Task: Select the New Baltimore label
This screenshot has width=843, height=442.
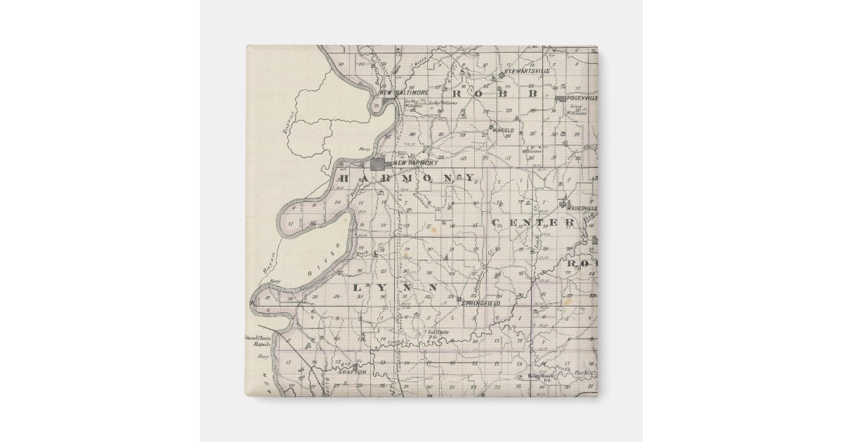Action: (x=403, y=93)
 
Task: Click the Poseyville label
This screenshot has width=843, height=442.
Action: (x=582, y=98)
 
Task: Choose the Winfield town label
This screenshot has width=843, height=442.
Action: (x=504, y=130)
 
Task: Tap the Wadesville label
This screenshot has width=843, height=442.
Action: (x=581, y=208)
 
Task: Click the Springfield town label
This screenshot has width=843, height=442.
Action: (x=480, y=303)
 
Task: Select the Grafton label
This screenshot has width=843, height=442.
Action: (x=353, y=373)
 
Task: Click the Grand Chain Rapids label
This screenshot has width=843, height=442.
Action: (x=257, y=341)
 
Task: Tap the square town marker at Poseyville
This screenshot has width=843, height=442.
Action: (x=560, y=99)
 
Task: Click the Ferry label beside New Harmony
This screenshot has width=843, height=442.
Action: (x=363, y=150)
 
